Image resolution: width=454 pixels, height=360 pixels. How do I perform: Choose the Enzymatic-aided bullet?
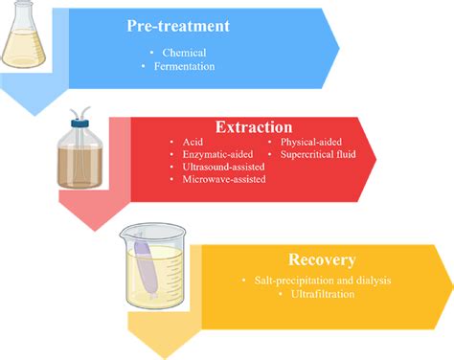216,153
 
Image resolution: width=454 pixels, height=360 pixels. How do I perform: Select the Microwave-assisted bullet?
223,178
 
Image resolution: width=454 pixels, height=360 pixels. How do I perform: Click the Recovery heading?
322,259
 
